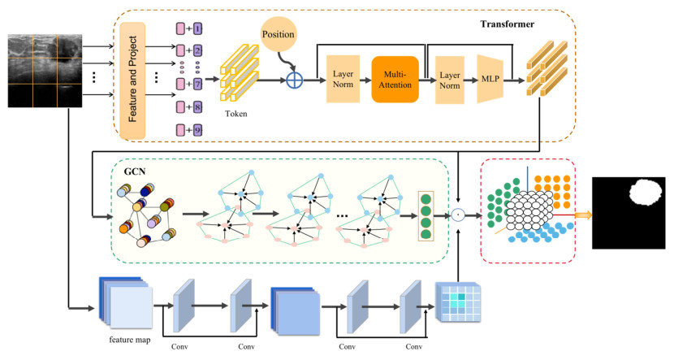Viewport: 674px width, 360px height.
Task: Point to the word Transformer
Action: click(506, 24)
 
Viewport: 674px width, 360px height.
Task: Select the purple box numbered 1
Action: click(197, 29)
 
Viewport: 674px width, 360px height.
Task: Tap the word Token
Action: click(237, 114)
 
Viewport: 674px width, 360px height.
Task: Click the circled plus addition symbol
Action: click(295, 80)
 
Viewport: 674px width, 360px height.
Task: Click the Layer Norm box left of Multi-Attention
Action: click(343, 80)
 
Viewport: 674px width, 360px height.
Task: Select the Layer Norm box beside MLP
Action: click(451, 80)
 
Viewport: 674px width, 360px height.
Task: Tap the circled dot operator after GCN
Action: click(458, 215)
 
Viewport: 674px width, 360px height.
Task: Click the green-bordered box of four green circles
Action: click(428, 215)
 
